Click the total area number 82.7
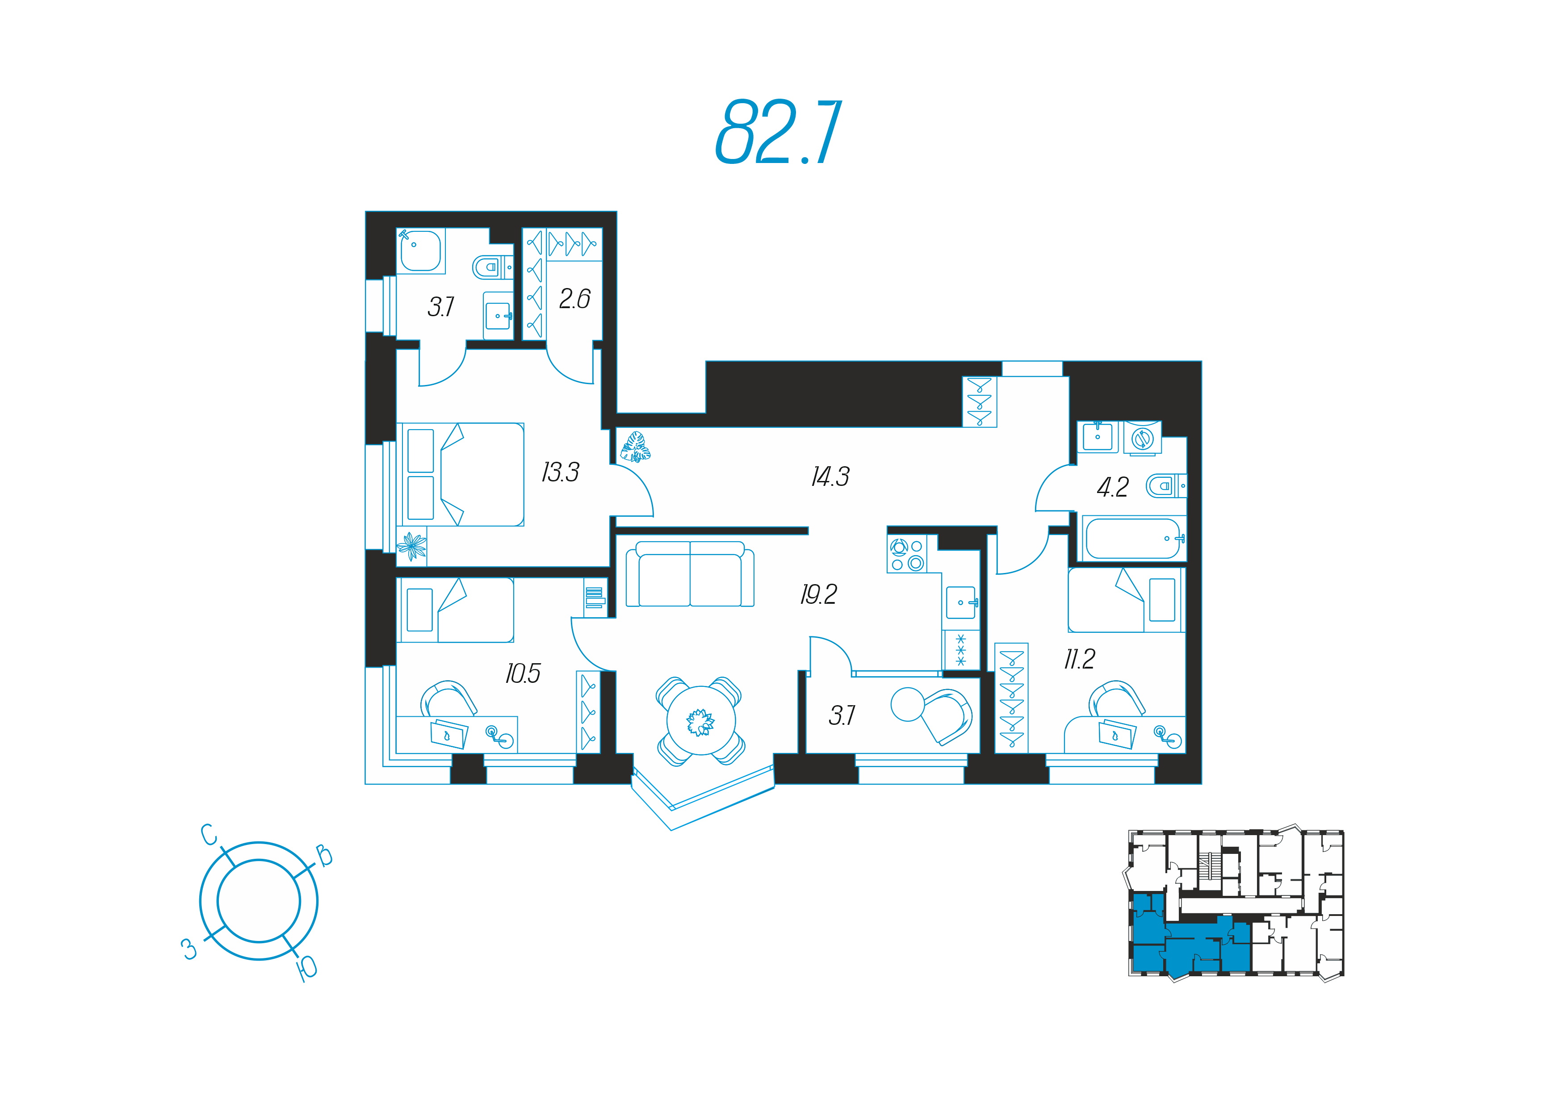point(778,132)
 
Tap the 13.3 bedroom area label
point(560,472)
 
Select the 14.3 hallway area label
point(830,476)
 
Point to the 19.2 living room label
point(819,594)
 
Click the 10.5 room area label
point(523,673)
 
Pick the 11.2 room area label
point(1080,658)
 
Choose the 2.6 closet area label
point(574,299)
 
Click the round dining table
point(701,720)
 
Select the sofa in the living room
point(690,574)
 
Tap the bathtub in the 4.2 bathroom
point(1133,538)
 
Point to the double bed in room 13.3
point(461,474)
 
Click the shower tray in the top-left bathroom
point(420,251)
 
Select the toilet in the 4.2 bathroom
point(1166,486)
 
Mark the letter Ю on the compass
point(307,968)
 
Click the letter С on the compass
point(209,834)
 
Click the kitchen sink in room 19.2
point(961,602)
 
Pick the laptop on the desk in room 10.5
point(450,733)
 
